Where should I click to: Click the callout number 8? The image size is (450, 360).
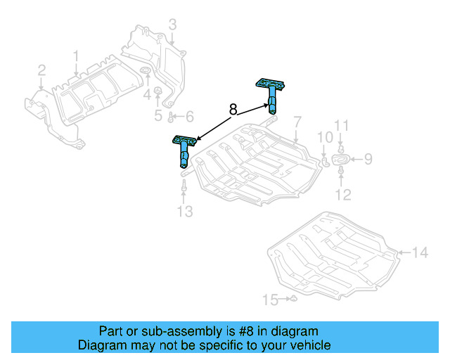(233, 110)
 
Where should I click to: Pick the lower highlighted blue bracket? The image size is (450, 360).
(184, 148)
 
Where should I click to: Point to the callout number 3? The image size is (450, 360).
(172, 27)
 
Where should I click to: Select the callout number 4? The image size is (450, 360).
(147, 94)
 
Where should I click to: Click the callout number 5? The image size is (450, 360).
(158, 116)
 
